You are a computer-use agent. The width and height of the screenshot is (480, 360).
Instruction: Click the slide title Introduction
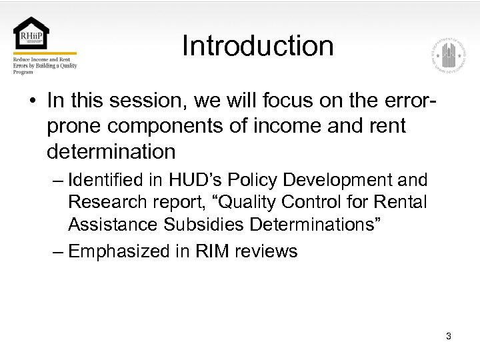pos(257,46)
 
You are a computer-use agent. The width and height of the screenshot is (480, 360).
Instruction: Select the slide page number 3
pos(449,336)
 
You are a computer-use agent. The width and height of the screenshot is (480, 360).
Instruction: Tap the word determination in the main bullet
pos(111,152)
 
